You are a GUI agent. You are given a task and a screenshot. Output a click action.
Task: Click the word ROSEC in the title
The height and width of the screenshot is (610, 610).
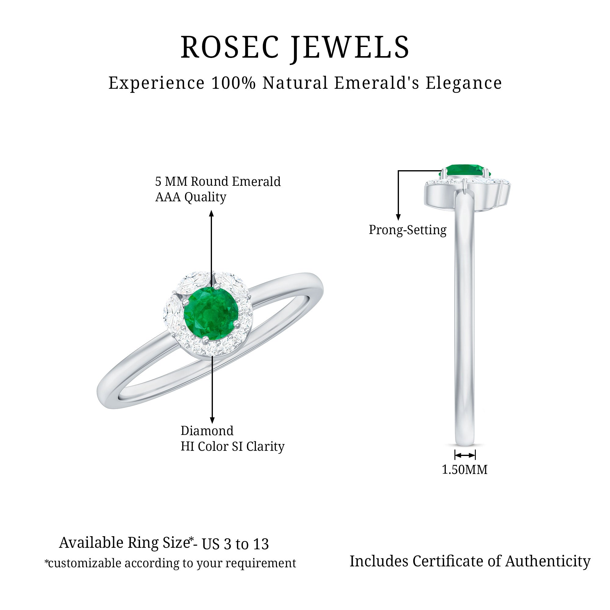[230, 47]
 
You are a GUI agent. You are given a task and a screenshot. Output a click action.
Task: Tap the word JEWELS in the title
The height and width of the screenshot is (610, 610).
[350, 48]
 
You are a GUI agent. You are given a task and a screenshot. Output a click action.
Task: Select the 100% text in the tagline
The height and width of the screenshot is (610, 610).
[233, 83]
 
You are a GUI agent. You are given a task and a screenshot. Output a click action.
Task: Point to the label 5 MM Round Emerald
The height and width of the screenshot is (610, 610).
[218, 181]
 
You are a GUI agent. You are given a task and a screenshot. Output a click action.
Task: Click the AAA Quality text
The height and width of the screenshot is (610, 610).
[191, 197]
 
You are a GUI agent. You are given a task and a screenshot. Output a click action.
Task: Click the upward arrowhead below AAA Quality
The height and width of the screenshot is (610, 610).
[212, 214]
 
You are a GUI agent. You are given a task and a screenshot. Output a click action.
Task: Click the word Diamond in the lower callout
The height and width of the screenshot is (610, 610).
[207, 431]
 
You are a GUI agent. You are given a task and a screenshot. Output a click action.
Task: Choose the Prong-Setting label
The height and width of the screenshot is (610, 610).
[407, 230]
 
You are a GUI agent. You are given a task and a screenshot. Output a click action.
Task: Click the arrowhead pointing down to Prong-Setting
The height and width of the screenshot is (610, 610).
[398, 217]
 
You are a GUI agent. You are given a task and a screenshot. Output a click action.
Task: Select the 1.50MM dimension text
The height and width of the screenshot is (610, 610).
[465, 470]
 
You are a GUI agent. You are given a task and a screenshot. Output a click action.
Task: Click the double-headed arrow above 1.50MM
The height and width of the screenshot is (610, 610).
[465, 455]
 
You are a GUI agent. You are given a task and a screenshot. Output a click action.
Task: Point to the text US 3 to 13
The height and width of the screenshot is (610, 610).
[235, 544]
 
